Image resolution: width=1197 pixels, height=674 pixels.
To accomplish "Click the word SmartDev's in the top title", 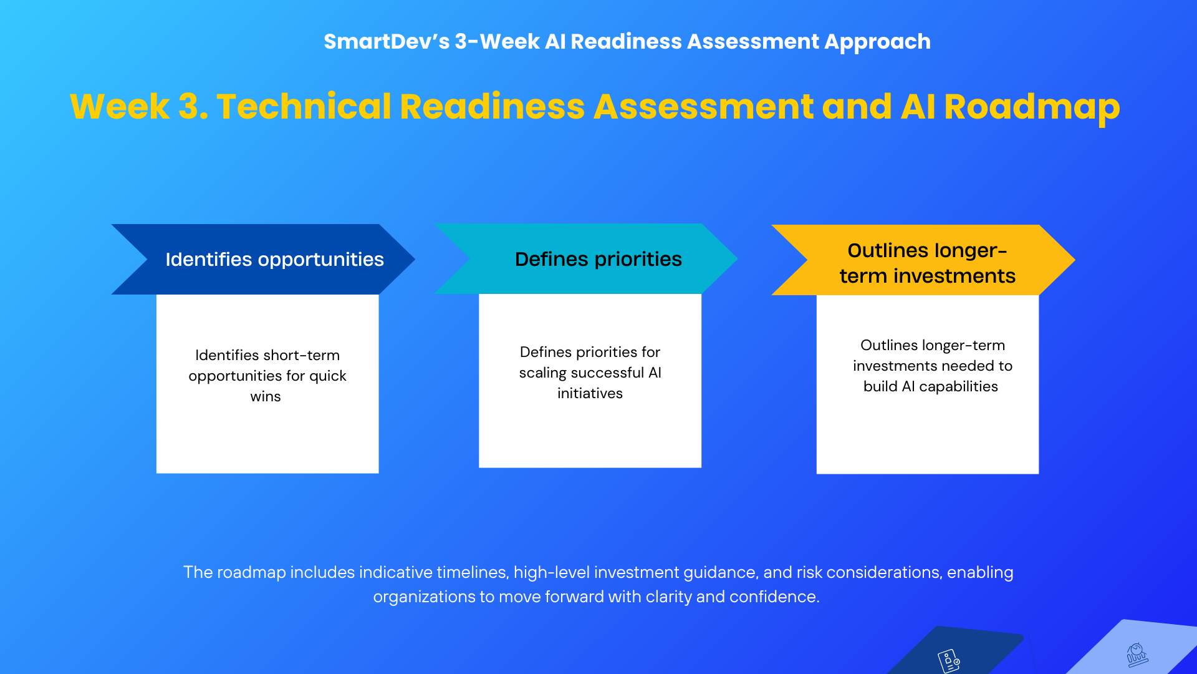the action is point(387,42).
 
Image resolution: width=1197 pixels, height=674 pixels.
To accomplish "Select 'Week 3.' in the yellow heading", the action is point(139,106).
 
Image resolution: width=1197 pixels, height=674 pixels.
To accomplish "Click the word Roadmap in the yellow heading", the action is point(1032,107).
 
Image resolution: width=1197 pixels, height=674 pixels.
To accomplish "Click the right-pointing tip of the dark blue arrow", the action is point(415,259).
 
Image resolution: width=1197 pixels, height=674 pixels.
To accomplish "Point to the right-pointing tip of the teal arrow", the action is point(738,258).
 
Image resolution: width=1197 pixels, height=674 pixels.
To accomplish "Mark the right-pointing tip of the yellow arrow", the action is point(1075,260).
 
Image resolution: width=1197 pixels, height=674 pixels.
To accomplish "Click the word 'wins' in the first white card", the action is point(266,397).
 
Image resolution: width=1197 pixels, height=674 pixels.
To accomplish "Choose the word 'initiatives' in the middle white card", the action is point(590,393).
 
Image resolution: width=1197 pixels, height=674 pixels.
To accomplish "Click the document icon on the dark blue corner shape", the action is point(949,661).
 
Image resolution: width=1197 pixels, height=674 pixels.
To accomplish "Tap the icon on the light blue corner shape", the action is point(1137,655).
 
